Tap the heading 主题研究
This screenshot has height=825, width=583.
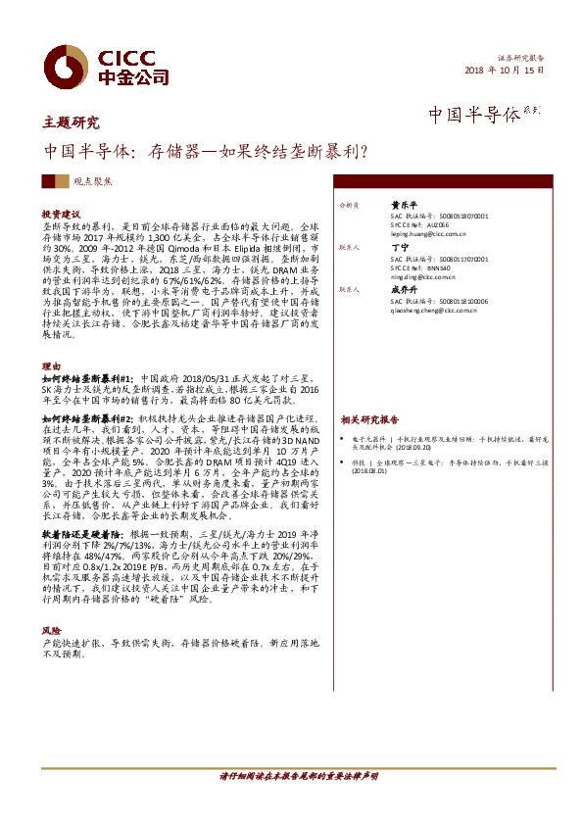(x=72, y=123)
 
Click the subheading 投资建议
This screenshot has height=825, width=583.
(x=61, y=213)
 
